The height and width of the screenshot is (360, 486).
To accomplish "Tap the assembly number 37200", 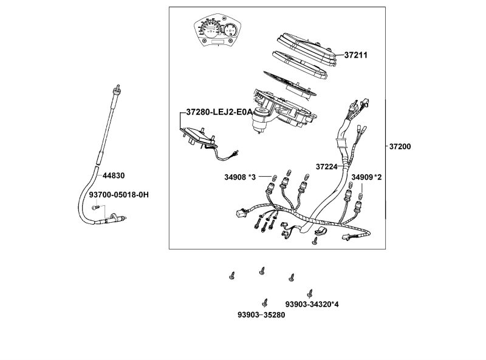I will pyautogui.click(x=400, y=147).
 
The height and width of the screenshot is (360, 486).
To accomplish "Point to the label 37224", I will pyautogui.click(x=327, y=166).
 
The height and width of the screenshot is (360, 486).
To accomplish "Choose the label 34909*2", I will pyautogui.click(x=367, y=177).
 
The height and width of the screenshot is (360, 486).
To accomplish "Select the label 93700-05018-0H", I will pyautogui.click(x=118, y=195).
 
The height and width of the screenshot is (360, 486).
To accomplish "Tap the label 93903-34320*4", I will pyautogui.click(x=312, y=304).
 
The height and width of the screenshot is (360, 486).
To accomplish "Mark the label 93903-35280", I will pyautogui.click(x=261, y=315).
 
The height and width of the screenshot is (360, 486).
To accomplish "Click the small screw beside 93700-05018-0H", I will pyautogui.click(x=95, y=208).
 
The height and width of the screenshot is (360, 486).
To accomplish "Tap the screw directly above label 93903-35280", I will pyautogui.click(x=265, y=302).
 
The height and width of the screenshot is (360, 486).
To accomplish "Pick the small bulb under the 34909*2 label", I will pyautogui.click(x=361, y=195).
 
